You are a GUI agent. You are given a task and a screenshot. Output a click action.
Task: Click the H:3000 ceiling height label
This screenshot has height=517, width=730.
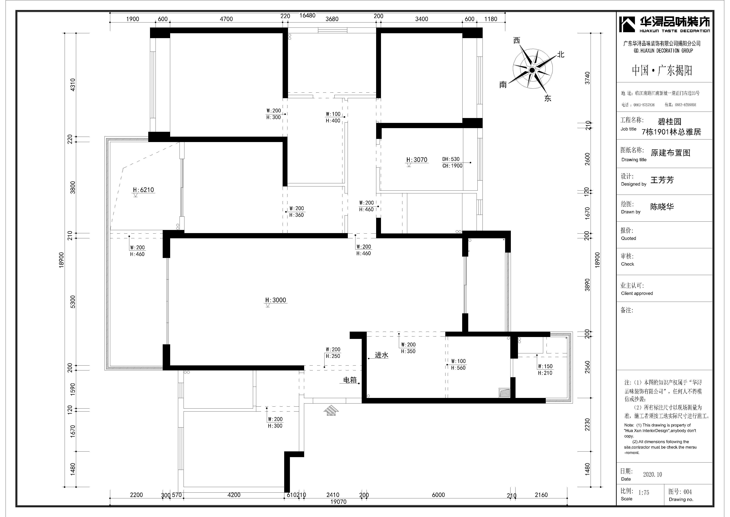click(x=276, y=300)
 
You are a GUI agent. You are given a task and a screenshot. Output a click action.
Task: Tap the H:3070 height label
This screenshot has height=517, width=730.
click(x=417, y=160)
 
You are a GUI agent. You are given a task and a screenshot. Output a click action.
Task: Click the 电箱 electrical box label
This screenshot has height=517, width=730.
click(x=350, y=380)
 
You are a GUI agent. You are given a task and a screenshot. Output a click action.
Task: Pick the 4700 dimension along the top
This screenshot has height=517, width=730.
click(x=226, y=19)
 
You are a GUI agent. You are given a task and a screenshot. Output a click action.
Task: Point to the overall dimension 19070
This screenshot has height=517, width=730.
click(x=338, y=502)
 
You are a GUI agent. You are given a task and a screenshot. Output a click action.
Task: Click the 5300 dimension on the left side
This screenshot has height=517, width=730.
click(x=73, y=302)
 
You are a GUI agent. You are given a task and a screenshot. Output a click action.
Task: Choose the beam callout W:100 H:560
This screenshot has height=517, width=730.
click(x=459, y=365)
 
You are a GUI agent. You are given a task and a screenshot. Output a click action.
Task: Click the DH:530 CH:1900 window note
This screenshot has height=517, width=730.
click(x=452, y=162)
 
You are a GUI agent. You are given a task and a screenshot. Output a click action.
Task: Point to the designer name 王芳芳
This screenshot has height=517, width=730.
click(x=662, y=180)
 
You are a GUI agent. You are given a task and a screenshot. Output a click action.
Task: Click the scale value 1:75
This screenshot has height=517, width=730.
click(x=644, y=492)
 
